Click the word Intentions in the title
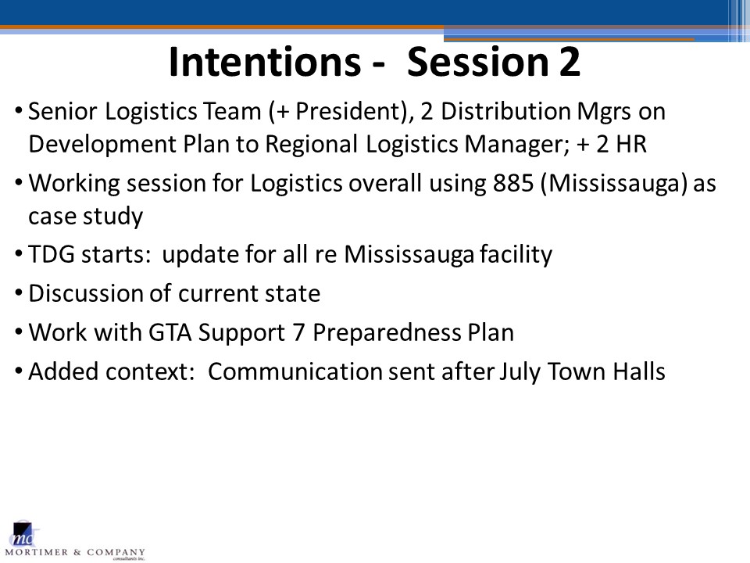265,61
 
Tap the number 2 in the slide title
570,61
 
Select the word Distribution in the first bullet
505,111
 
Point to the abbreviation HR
631,144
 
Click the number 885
512,183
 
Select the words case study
86,217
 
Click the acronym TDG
52,253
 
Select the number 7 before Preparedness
299,332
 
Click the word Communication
295,371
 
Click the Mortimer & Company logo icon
25,533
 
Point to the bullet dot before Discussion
19,292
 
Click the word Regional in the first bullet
312,145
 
